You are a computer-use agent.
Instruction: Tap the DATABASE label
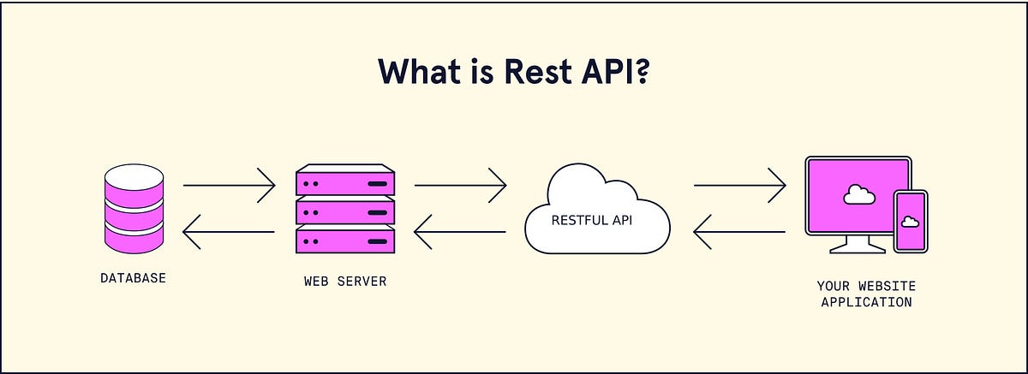(x=133, y=278)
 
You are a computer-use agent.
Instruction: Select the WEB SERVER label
(x=345, y=281)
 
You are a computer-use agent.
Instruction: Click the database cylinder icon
(x=133, y=210)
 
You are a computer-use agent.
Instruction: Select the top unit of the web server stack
(x=345, y=182)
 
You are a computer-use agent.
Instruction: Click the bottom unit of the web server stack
(x=345, y=240)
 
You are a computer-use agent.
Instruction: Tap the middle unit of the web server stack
(x=345, y=211)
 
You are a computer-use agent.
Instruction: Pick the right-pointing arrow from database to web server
(x=229, y=184)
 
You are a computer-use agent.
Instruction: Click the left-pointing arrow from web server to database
(x=229, y=231)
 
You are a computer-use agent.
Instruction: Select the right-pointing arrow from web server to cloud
(x=460, y=184)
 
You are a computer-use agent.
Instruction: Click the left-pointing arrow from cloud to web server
(x=460, y=231)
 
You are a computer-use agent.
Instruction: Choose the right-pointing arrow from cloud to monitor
(x=739, y=184)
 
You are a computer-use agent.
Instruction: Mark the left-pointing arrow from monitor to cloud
(x=739, y=231)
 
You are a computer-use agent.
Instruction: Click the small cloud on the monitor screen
(x=858, y=195)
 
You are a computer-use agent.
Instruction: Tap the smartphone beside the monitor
(x=910, y=221)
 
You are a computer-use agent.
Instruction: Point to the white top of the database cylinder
(x=133, y=175)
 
